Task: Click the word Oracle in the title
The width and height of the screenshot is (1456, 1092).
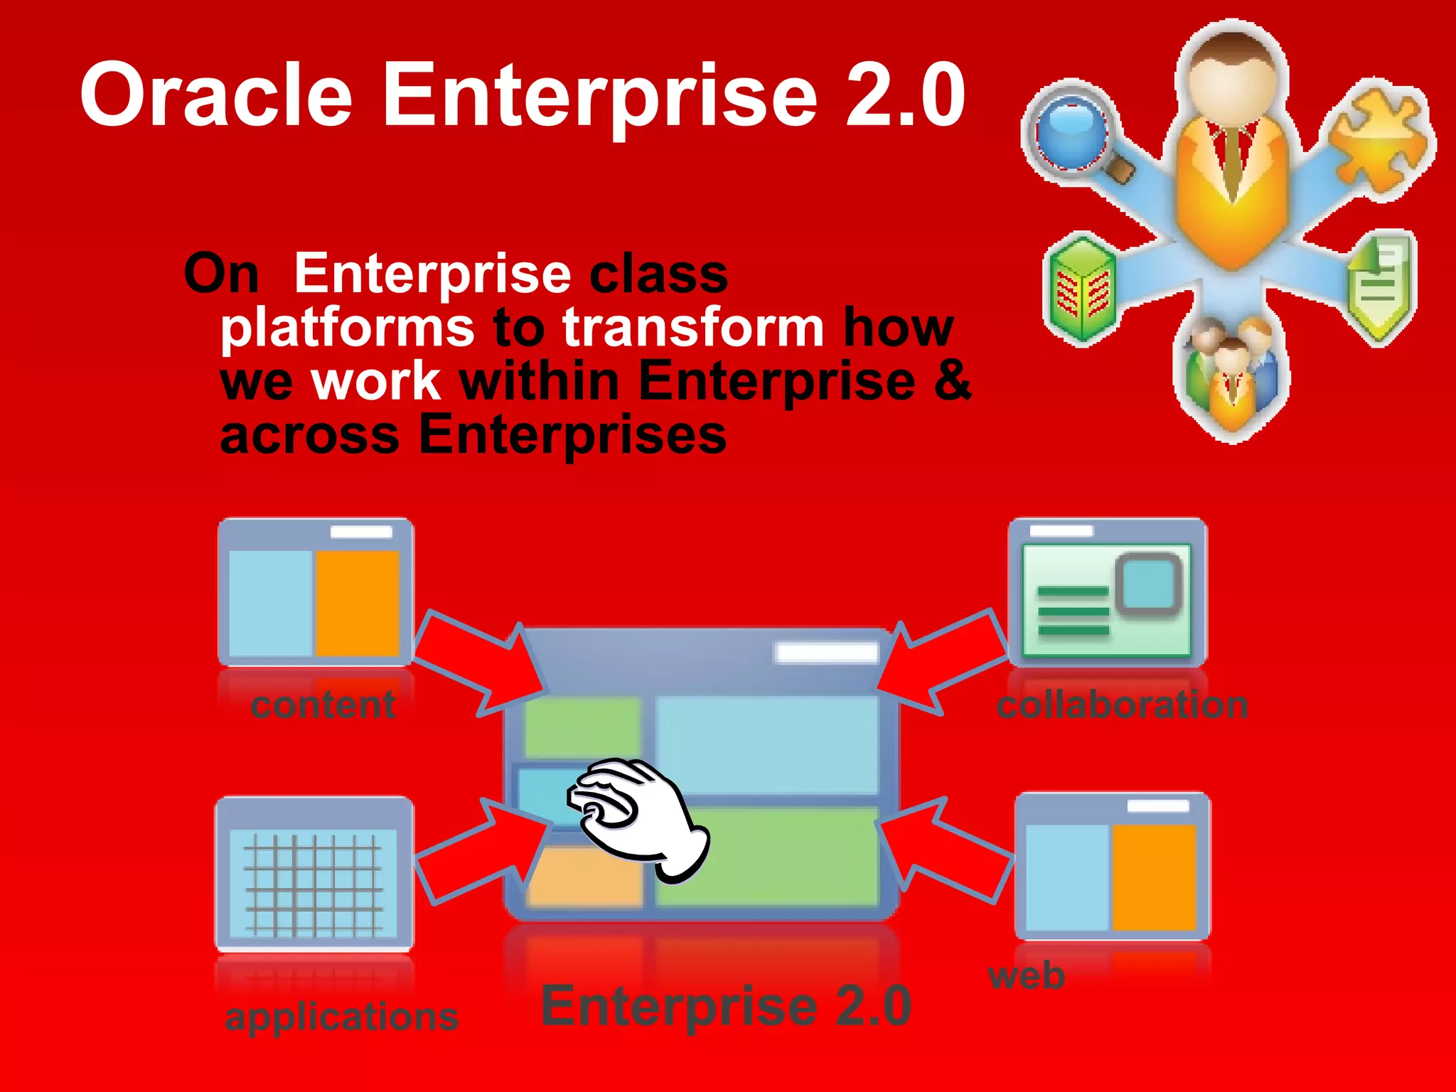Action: [216, 95]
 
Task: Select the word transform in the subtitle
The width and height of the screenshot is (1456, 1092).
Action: [693, 326]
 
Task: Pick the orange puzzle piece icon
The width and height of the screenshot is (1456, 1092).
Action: [1380, 139]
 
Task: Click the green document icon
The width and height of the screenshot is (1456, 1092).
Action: [1380, 288]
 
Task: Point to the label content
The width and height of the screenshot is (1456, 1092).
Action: [323, 705]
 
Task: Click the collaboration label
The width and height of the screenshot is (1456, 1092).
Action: [1122, 705]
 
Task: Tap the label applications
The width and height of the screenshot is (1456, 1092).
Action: [341, 1017]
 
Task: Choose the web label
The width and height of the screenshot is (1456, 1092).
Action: [1026, 975]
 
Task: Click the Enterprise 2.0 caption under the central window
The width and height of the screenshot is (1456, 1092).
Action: [726, 1006]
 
